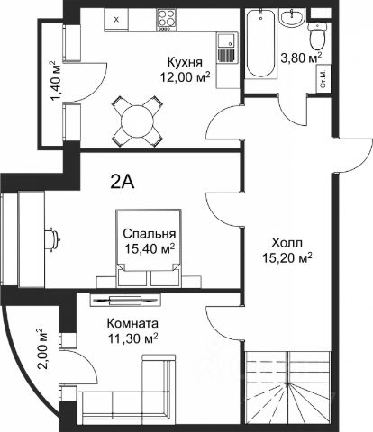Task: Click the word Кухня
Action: [x=185, y=63]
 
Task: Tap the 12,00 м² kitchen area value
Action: [x=185, y=77]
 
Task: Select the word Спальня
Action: [x=150, y=233]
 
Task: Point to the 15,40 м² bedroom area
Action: [x=150, y=248]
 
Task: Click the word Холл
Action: [x=287, y=243]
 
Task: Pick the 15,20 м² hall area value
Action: [x=287, y=257]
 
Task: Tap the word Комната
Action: [x=132, y=324]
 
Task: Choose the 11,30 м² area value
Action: [x=132, y=338]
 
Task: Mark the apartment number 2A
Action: [x=123, y=182]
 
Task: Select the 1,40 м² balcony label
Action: [x=55, y=81]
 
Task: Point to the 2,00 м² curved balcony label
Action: [x=42, y=349]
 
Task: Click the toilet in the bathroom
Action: [x=318, y=37]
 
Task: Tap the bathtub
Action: [x=260, y=44]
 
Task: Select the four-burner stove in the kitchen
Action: [x=167, y=20]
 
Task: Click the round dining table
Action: [x=137, y=121]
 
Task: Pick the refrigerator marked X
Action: [x=117, y=20]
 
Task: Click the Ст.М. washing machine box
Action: [x=323, y=79]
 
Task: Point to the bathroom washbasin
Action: [x=292, y=19]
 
